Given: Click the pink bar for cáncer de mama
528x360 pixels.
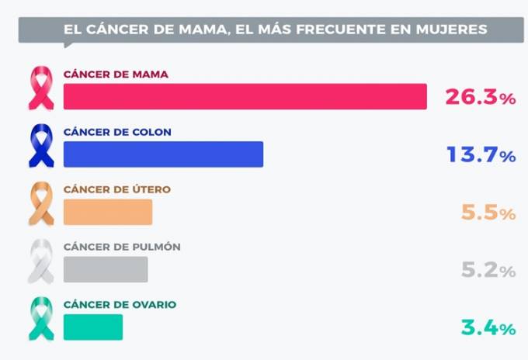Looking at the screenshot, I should (245, 96).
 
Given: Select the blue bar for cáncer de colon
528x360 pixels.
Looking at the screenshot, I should (163, 154).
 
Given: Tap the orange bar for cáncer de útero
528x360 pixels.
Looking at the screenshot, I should (108, 212).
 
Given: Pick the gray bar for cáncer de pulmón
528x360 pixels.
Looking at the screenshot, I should (106, 269).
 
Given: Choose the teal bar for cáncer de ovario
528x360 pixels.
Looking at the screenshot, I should (93, 327).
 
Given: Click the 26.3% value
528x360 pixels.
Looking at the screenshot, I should (480, 98).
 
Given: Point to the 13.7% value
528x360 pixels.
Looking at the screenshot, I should (481, 155).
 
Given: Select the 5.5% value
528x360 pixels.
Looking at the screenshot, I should (488, 213).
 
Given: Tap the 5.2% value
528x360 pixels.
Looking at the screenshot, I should (488, 271).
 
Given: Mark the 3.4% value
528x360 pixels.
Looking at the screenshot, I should (488, 328).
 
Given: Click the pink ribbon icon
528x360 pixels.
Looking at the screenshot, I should (41, 88).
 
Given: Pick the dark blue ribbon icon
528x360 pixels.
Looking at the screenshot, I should (41, 146).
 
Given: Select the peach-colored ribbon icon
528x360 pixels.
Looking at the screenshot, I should (41, 203).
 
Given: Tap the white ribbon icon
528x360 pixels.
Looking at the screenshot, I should (41, 261).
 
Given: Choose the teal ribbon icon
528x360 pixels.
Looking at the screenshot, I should (41, 318).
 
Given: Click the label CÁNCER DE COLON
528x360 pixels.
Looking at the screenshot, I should (117, 132).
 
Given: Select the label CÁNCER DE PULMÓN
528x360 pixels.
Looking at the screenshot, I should (122, 247).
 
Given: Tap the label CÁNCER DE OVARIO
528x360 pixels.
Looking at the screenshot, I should (120, 305).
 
